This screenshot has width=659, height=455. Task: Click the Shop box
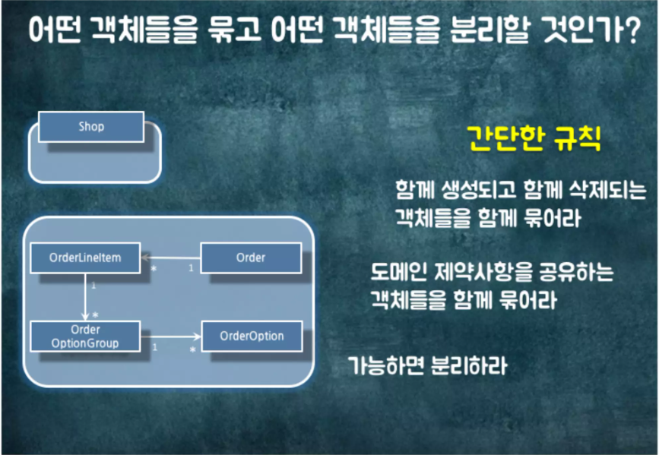(x=90, y=127)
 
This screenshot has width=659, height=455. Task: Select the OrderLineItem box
(x=85, y=258)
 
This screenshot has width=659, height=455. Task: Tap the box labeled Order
(x=250, y=258)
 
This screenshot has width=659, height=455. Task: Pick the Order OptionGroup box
(x=85, y=336)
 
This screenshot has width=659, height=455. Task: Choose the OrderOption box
(x=252, y=336)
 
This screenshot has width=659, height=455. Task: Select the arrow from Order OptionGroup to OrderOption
(x=170, y=336)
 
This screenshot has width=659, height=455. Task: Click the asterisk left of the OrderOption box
(x=192, y=349)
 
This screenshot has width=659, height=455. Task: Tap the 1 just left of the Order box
(x=190, y=268)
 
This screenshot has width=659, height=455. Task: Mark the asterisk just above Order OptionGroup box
(x=95, y=314)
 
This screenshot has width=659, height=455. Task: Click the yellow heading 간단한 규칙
(x=533, y=140)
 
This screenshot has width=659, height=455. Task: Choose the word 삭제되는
(x=600, y=188)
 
